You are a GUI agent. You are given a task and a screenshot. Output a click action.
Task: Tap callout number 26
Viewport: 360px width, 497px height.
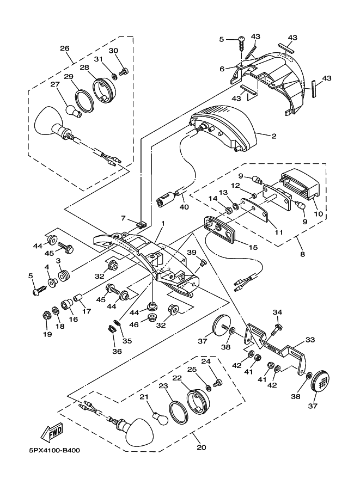click(x=65, y=48)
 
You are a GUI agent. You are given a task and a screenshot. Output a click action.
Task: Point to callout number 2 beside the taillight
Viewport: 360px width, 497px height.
click(x=274, y=136)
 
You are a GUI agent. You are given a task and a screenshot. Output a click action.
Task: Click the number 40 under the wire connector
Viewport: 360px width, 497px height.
click(x=184, y=207)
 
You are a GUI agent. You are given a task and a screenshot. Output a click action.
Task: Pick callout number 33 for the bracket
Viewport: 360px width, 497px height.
click(x=310, y=340)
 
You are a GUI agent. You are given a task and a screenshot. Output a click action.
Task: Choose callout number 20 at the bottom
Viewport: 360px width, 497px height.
click(x=202, y=447)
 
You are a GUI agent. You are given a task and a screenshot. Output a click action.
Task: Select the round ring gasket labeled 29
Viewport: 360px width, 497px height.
click(x=84, y=100)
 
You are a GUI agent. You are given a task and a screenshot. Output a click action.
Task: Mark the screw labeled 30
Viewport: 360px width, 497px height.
click(x=123, y=72)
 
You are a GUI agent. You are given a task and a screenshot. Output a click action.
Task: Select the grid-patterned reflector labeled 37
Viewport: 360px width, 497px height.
click(x=318, y=382)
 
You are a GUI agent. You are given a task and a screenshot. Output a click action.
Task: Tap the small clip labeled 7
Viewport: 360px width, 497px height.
click(x=142, y=225)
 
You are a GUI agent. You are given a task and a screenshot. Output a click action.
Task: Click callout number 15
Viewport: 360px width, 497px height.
click(x=253, y=247)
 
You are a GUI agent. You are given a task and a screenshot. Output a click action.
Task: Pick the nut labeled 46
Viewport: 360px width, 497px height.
click(x=152, y=317)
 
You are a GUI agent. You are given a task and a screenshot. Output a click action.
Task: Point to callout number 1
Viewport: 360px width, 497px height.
click(x=163, y=224)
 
